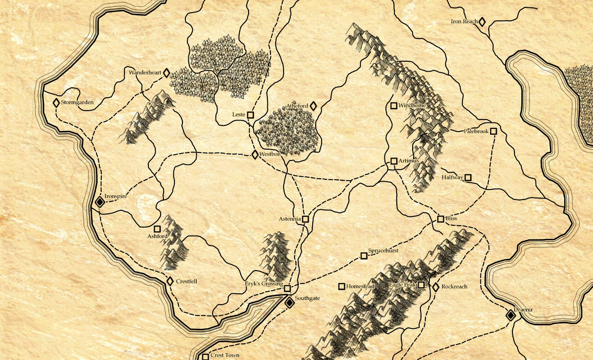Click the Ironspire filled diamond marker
point(99,202)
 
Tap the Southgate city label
point(308,299)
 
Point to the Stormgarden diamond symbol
point(56,103)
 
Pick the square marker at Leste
point(251,115)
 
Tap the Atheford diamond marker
point(313,106)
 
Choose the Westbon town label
point(270,155)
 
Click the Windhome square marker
point(394,105)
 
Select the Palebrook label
point(476,131)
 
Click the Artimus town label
point(409,161)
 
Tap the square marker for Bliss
point(441,218)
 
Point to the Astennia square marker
point(305,218)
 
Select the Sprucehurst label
point(384,251)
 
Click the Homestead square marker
point(341,286)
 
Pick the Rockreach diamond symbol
point(436,286)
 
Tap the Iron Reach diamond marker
point(482,22)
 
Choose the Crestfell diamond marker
point(170,281)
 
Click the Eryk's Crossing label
point(264,284)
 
